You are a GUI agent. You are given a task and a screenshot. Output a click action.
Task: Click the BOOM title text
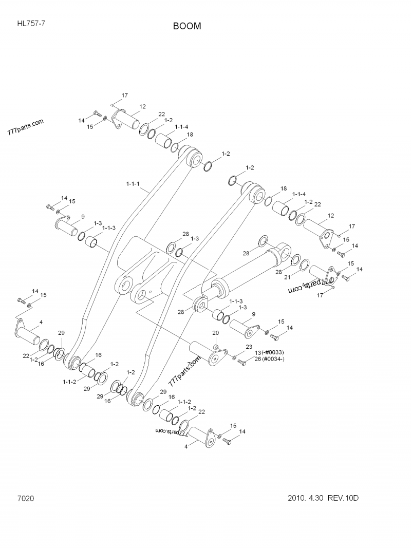(x=187, y=26)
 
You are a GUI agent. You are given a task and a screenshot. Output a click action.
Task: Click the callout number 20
(x=216, y=333)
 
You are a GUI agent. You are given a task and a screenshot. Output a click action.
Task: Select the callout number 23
(x=249, y=347)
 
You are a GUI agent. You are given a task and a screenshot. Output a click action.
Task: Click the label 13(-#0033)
(x=269, y=352)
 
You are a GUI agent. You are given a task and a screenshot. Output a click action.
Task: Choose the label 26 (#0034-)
(x=269, y=359)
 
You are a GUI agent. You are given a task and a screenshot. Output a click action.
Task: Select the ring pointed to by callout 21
(x=304, y=266)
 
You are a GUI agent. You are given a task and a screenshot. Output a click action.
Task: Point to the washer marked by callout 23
(x=234, y=357)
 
